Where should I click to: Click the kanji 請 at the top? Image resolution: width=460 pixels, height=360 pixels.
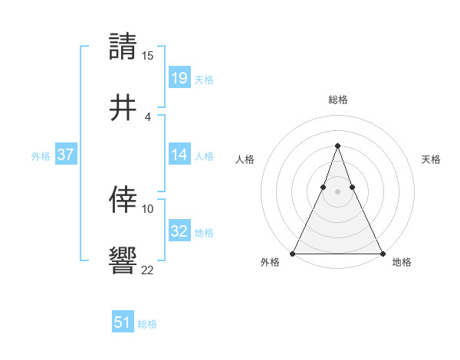pos(124,47)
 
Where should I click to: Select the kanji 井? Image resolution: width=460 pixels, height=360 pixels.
pos(124,108)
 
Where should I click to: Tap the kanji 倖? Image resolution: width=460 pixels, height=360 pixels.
pos(124,200)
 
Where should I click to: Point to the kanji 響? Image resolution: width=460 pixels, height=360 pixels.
pos(124,261)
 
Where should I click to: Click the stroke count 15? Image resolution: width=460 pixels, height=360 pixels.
pos(148,56)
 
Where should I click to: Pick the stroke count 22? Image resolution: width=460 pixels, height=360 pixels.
pos(148,270)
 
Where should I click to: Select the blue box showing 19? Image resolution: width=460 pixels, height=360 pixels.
pos(179,77)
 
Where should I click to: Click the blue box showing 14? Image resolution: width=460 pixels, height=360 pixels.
pos(179,155)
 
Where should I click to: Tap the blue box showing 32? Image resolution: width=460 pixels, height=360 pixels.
pos(179,231)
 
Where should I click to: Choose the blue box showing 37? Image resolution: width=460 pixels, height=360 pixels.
pos(65,155)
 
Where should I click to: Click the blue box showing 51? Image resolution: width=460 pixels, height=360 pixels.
pos(123,322)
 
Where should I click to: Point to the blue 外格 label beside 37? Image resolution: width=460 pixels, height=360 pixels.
pos(41,156)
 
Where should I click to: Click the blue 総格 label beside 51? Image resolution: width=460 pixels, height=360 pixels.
pos(147,324)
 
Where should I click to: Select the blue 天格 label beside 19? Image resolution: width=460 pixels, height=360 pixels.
pos(204,79)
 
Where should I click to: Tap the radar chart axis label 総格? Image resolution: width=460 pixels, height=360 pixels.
pos(338,100)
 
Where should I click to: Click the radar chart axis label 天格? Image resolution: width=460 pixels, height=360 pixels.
pos(432,159)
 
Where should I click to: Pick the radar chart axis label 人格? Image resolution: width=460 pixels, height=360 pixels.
pos(245,159)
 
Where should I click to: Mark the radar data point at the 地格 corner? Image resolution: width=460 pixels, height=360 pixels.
pos(382,253)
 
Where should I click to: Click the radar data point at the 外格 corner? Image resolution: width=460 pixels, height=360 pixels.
pos(294,253)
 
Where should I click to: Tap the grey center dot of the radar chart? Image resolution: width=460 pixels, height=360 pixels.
pos(337,191)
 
